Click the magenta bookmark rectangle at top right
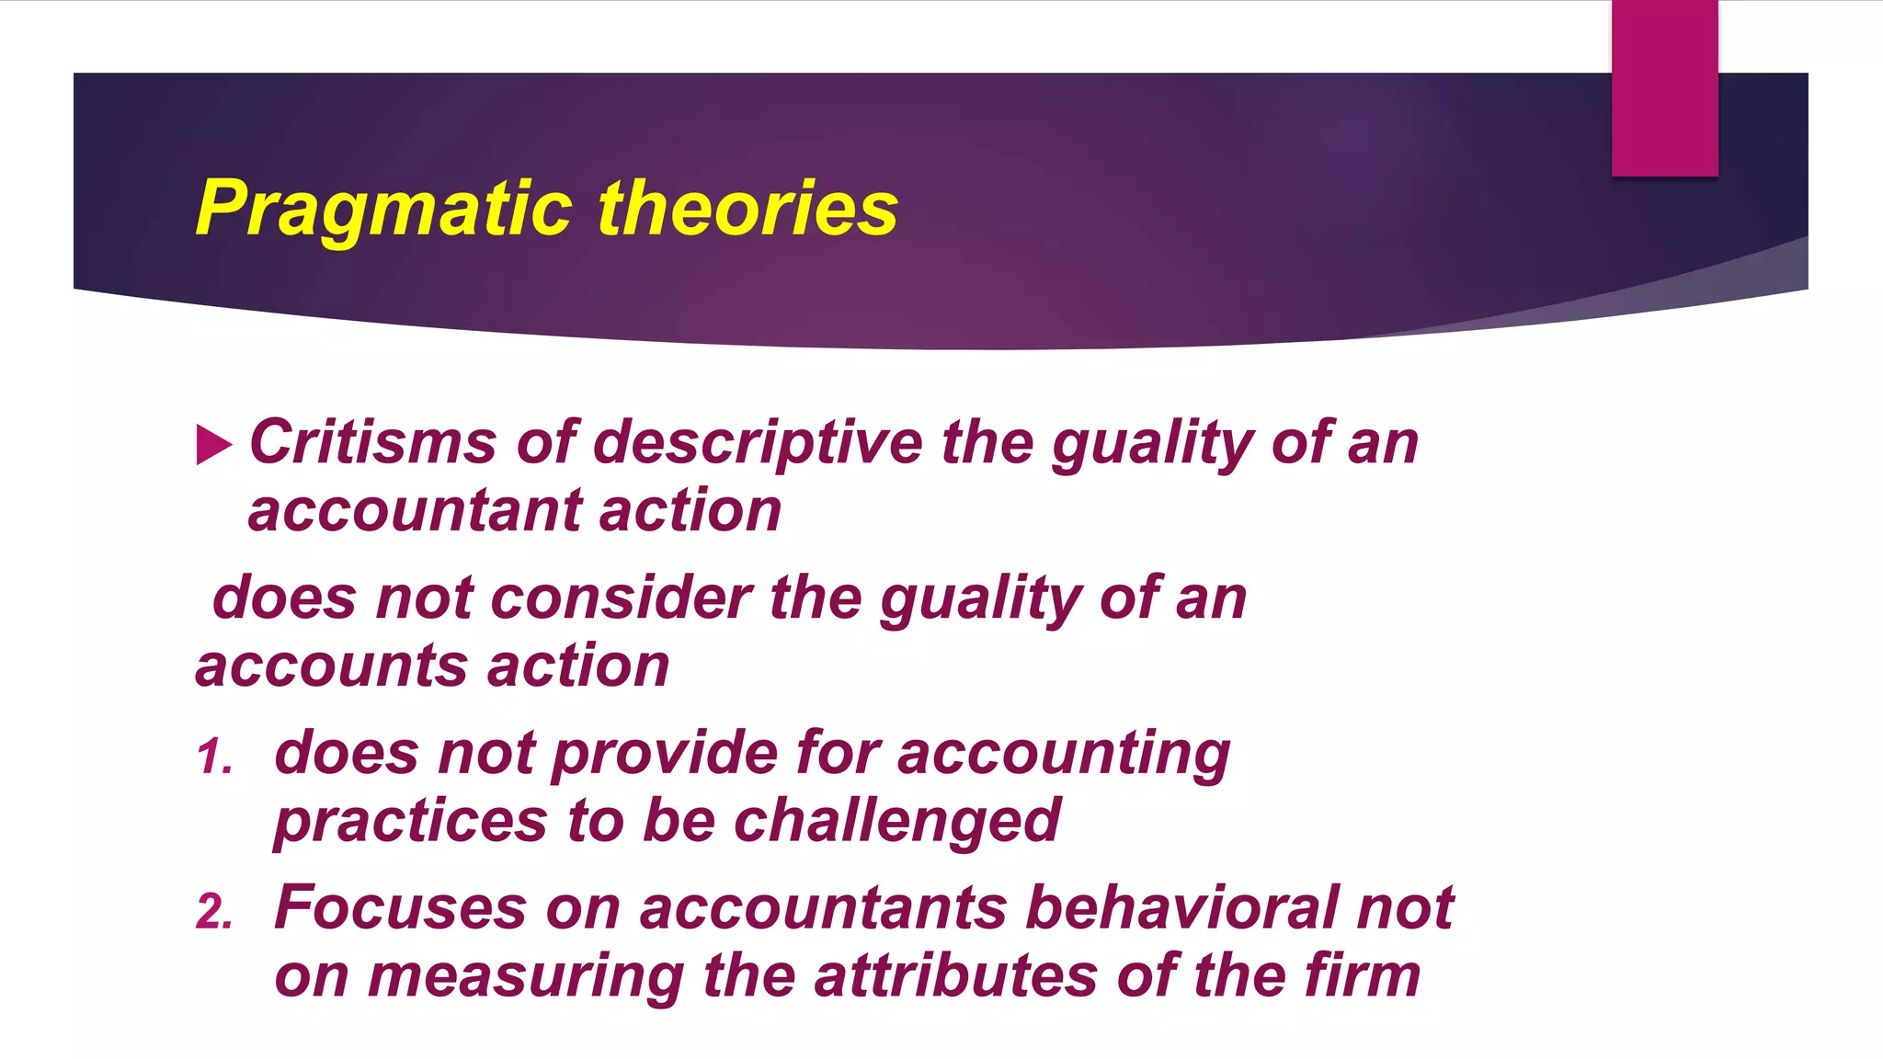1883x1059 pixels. [1664, 87]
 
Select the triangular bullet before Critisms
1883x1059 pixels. [213, 446]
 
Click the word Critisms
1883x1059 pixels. [373, 442]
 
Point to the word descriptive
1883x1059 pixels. [758, 444]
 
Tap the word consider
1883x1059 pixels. [622, 598]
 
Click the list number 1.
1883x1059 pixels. [213, 757]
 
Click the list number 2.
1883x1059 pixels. [213, 912]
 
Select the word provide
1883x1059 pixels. [666, 755]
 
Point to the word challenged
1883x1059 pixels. [897, 821]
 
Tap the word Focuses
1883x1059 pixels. [401, 908]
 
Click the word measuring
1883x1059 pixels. [526, 976]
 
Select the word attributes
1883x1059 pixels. [955, 976]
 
